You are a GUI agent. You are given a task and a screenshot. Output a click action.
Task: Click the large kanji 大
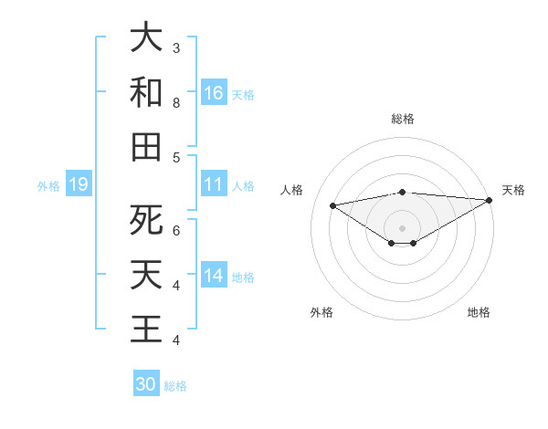pyautogui.click(x=146, y=38)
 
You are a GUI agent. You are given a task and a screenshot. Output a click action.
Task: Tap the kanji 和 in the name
pyautogui.click(x=146, y=92)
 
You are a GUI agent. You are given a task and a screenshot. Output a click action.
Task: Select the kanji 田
pyautogui.click(x=146, y=146)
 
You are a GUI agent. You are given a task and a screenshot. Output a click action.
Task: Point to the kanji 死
pyautogui.click(x=146, y=220)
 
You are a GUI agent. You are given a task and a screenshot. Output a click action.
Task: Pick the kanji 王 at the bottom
pyautogui.click(x=146, y=328)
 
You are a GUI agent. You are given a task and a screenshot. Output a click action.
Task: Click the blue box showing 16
pyautogui.click(x=214, y=92)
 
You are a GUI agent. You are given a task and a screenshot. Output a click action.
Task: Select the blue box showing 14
pyautogui.click(x=214, y=276)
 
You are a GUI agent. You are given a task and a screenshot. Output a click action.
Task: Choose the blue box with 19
pyautogui.click(x=79, y=185)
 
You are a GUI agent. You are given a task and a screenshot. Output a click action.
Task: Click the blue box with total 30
pyautogui.click(x=146, y=384)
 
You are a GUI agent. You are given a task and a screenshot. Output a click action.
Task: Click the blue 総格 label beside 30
pyautogui.click(x=175, y=386)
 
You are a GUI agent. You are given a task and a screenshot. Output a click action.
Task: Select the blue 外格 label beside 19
pyautogui.click(x=48, y=186)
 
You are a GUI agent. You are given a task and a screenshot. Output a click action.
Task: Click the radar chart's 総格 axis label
pyautogui.click(x=402, y=119)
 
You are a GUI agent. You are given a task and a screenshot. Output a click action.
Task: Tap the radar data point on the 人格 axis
pyautogui.click(x=332, y=204)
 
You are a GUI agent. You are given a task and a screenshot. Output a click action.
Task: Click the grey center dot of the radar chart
pyautogui.click(x=402, y=227)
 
